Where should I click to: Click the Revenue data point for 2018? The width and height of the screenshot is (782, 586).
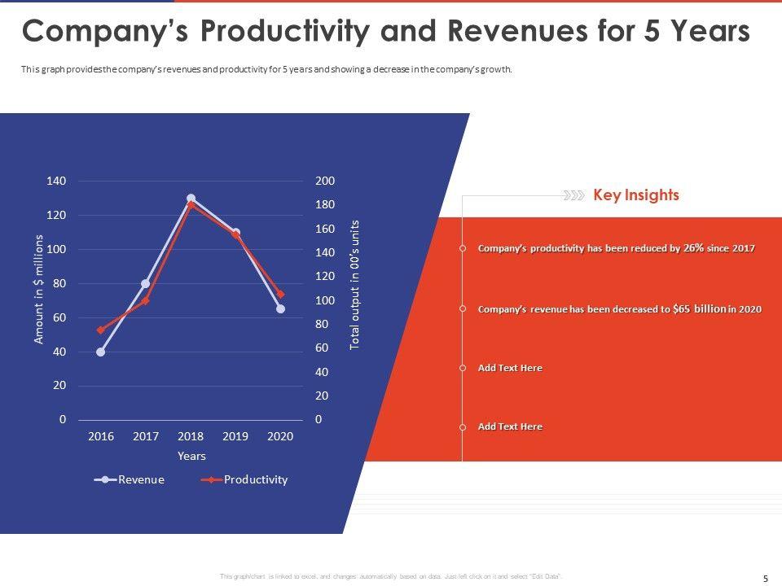coord(191,198)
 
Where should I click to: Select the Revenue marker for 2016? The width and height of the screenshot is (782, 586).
coord(100,352)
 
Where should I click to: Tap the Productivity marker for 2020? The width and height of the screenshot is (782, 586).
coord(280,295)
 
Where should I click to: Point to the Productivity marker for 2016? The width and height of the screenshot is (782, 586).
coord(100,330)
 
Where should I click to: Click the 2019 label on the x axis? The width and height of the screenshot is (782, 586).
coord(235,436)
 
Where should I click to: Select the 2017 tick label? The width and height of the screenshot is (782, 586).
coord(146,436)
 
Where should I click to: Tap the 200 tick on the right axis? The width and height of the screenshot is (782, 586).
coord(325,181)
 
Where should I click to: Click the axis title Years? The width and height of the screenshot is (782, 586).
coord(191,456)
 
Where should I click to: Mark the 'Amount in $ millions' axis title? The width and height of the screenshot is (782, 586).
coord(39,288)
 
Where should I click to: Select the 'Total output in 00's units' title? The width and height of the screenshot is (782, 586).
coord(354,285)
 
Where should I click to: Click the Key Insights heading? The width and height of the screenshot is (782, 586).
coord(636,195)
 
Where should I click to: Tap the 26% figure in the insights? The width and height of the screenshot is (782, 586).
coord(693,248)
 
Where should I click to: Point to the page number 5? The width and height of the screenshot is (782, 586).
coord(765,578)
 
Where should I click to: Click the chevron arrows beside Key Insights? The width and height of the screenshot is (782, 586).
coord(573,195)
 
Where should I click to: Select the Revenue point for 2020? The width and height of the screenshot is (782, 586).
coord(280,308)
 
